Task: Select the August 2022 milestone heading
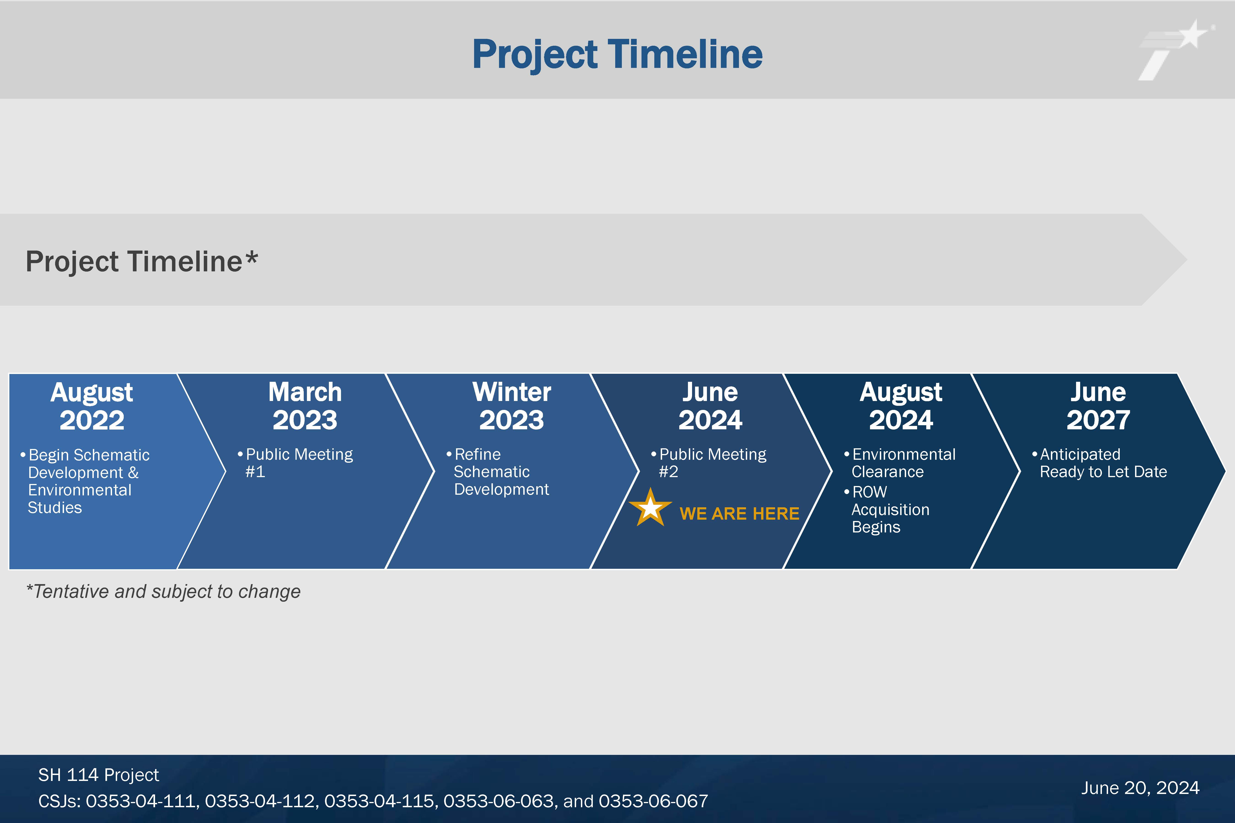point(92,406)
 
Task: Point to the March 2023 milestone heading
point(305,406)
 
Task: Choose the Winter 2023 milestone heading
point(512,406)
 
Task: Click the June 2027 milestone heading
point(1098,406)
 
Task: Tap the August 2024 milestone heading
point(901,406)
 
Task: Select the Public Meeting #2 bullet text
point(709,462)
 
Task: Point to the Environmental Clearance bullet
point(900,462)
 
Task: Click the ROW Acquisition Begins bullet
point(887,509)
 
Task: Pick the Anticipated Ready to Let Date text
point(1100,462)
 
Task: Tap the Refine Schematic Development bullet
point(498,471)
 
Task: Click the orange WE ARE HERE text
point(739,513)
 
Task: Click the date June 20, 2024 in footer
point(1140,788)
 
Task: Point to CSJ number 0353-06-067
point(653,801)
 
